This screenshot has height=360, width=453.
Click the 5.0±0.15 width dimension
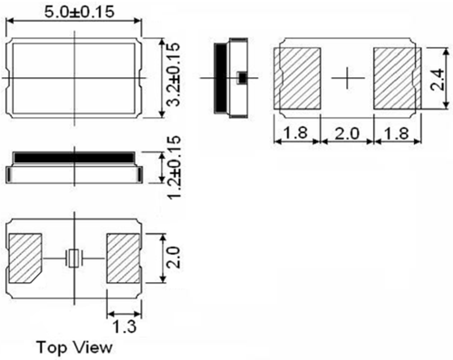pyautogui.click(x=73, y=12)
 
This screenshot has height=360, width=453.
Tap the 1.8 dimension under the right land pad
pyautogui.click(x=395, y=135)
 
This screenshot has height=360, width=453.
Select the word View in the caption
pyautogui.click(x=93, y=346)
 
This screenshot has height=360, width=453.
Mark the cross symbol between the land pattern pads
pyautogui.click(x=344, y=78)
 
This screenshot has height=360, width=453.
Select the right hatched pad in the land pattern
pyautogui.click(x=394, y=78)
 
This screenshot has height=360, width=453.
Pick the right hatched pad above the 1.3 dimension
pyautogui.click(x=121, y=258)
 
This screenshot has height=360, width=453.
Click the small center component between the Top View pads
pyautogui.click(x=73, y=258)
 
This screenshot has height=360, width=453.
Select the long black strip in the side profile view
pyautogui.click(x=73, y=158)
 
